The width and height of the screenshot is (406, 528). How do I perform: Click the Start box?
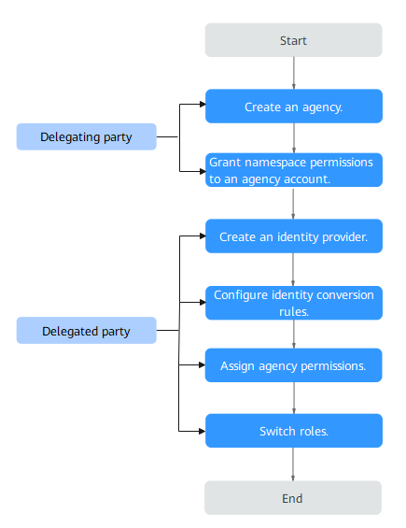click(293, 40)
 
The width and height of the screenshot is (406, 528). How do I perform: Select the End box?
click(293, 498)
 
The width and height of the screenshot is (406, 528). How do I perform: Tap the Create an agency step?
click(294, 107)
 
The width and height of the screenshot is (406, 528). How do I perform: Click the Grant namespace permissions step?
click(294, 170)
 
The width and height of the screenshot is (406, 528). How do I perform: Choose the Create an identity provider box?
click(294, 236)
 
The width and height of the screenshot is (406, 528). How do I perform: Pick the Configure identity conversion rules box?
click(294, 303)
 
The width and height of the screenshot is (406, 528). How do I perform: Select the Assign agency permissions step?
click(294, 365)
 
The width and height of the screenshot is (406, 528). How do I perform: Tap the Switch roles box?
click(294, 431)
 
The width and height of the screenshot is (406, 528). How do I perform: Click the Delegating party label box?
click(87, 136)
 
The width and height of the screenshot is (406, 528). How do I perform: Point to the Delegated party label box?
click(87, 330)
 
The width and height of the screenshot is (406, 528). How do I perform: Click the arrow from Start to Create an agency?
click(294, 73)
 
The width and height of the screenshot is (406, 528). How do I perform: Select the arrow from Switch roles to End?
click(293, 464)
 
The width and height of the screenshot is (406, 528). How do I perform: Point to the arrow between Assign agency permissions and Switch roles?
click(294, 398)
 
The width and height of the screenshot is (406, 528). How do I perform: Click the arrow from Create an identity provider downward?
click(293, 269)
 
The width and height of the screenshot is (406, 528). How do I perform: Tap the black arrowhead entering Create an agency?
click(203, 104)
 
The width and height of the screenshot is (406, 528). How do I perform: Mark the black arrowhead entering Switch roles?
click(203, 431)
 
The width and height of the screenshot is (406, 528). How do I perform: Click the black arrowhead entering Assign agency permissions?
click(203, 365)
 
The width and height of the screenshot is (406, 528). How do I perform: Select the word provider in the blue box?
click(344, 237)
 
